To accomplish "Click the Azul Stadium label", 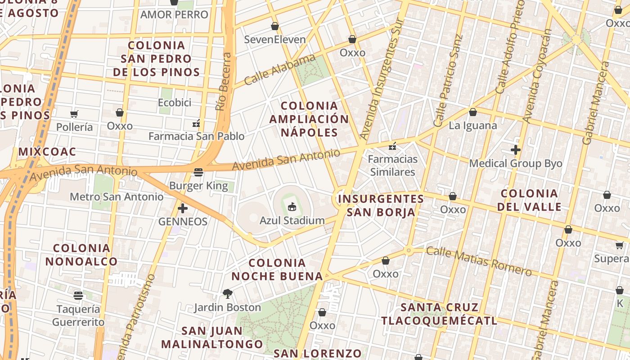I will (x=292, y=220).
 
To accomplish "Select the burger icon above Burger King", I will (x=198, y=172).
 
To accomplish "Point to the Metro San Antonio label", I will (x=117, y=197).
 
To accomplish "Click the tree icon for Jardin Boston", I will (x=227, y=294).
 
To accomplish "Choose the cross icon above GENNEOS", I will (x=183, y=208).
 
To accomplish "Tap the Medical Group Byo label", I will (x=516, y=163).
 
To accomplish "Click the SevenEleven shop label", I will (x=274, y=40).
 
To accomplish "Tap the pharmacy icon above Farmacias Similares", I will (x=392, y=146).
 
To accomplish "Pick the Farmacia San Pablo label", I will (x=197, y=136).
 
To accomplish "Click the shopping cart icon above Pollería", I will (x=74, y=114).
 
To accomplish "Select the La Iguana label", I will (x=472, y=126).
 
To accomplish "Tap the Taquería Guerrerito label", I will (x=78, y=315).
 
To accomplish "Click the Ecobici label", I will (x=175, y=103).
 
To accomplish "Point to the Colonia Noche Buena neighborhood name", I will (x=277, y=269).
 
